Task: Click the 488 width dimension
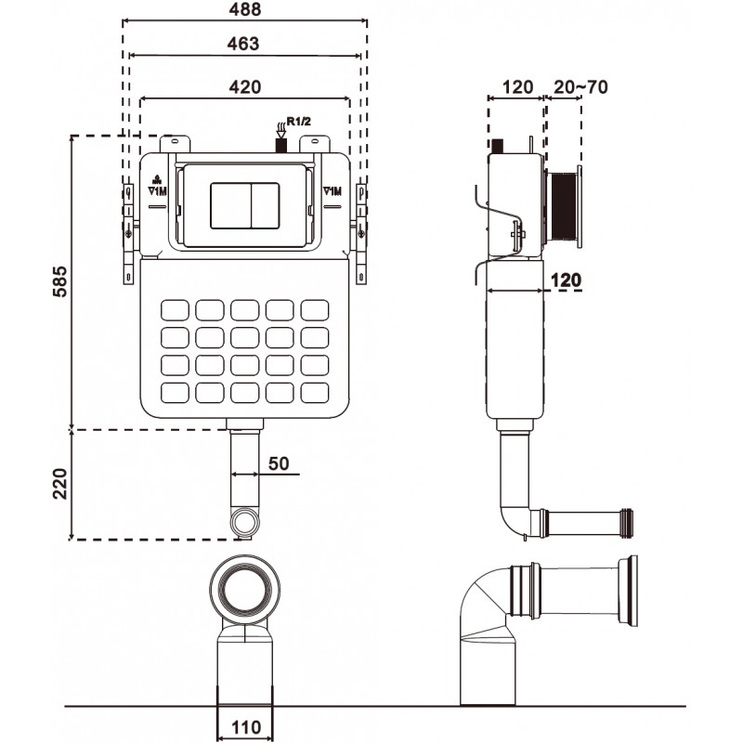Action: click(x=246, y=8)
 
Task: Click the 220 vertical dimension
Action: click(x=60, y=483)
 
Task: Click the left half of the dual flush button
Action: click(x=228, y=205)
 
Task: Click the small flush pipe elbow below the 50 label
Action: click(x=244, y=522)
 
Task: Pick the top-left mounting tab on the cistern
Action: click(x=175, y=145)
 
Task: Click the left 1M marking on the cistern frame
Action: click(x=157, y=189)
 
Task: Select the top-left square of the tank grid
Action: click(x=175, y=309)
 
